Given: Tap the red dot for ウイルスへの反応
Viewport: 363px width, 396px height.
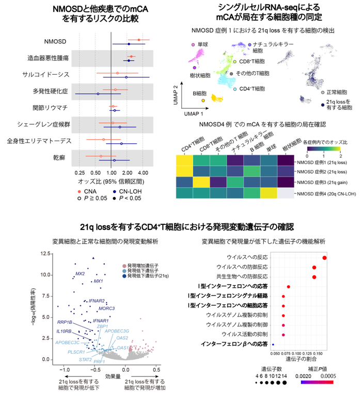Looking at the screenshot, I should tap(324, 258).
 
